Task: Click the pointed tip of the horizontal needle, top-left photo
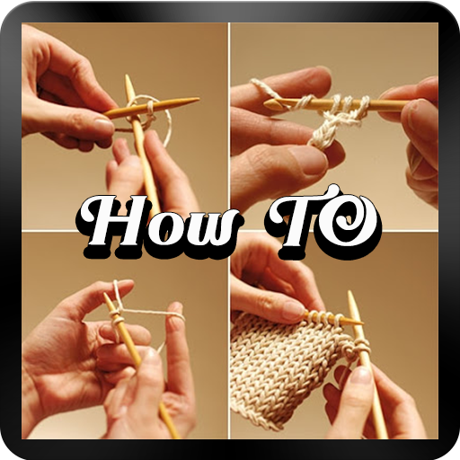pyautogui.click(x=199, y=99)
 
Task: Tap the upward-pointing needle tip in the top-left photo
pyautogui.click(x=127, y=76)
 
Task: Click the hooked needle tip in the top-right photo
pyautogui.click(x=267, y=103)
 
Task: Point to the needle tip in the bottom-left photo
pyautogui.click(x=105, y=295)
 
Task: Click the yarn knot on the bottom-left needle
pyautogui.click(x=116, y=317)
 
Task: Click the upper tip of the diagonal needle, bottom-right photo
pyautogui.click(x=349, y=293)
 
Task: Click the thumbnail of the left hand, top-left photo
pyautogui.click(x=103, y=123)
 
